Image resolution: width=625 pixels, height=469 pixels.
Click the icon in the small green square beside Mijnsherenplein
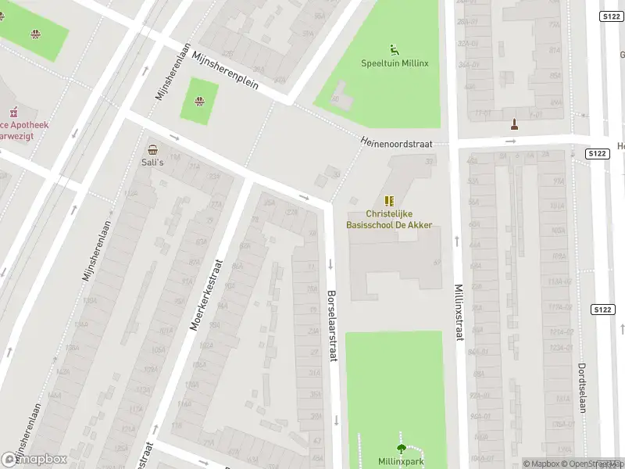[200, 101]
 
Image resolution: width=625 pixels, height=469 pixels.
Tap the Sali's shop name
[152, 162]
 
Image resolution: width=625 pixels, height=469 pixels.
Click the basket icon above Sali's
[152, 149]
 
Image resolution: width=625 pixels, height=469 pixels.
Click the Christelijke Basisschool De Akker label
[389, 219]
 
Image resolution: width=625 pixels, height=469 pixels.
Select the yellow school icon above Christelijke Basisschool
[389, 201]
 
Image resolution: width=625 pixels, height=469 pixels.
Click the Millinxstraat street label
[459, 312]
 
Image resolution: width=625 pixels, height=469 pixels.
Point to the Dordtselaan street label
[582, 387]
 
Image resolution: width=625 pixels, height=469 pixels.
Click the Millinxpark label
[401, 461]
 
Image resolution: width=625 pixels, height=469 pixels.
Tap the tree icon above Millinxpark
[402, 449]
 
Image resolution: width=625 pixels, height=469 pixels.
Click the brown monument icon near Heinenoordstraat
[514, 124]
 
